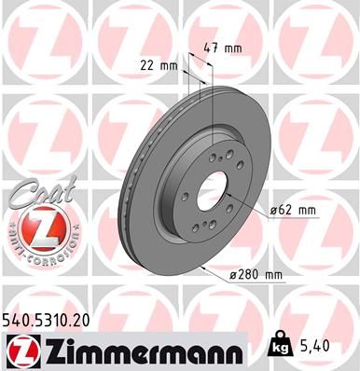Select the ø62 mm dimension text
tap(293, 211)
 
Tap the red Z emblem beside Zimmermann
tap(23, 350)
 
